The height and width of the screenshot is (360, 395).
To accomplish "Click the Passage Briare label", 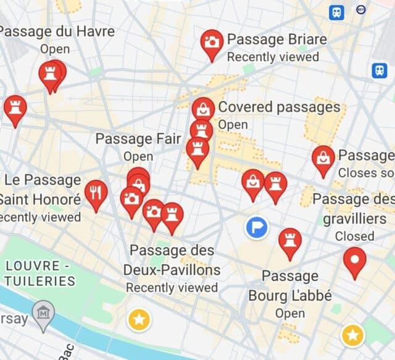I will (276, 40).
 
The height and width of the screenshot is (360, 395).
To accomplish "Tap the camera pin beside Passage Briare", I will (212, 43).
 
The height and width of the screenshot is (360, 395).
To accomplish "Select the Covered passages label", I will (279, 107).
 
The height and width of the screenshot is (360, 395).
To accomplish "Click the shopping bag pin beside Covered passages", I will (203, 110).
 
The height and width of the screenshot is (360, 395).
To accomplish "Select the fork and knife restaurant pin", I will (96, 193).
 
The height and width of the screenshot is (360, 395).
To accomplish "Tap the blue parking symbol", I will (256, 227).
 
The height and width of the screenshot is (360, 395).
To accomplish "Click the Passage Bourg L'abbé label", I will (290, 285).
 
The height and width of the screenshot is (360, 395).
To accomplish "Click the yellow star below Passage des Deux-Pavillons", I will (139, 319).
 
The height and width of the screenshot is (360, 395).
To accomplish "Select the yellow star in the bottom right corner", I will (352, 335).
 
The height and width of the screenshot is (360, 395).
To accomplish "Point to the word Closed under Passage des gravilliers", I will (354, 236).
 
